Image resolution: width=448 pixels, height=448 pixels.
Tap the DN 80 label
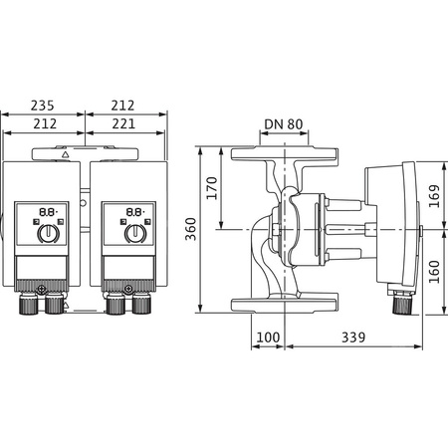tap(283, 125)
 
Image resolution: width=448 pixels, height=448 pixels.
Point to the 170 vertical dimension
tap(211, 187)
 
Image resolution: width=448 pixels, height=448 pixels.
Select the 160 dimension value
tap(435, 272)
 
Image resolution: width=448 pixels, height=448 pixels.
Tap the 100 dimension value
tap(268, 338)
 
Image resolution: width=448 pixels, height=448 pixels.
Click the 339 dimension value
tap(354, 338)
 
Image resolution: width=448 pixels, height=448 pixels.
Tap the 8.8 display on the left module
tap(47, 212)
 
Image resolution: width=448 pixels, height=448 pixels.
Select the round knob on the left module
tap(47, 235)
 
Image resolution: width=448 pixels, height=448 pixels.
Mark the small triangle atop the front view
tap(66, 155)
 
